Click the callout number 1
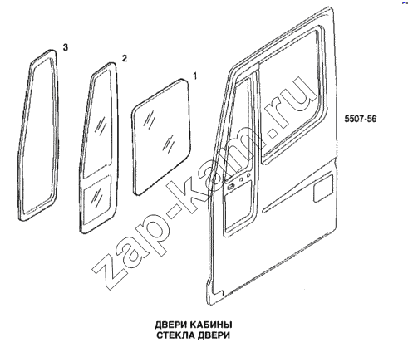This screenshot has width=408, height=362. (x=195, y=76)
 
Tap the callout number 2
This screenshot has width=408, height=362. (x=125, y=58)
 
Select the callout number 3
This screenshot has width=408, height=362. (x=65, y=47)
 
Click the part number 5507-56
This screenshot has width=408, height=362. (x=361, y=119)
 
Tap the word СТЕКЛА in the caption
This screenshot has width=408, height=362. (x=175, y=335)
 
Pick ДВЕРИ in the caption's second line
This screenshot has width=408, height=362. (x=214, y=335)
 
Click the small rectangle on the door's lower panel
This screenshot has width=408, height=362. (x=323, y=188)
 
